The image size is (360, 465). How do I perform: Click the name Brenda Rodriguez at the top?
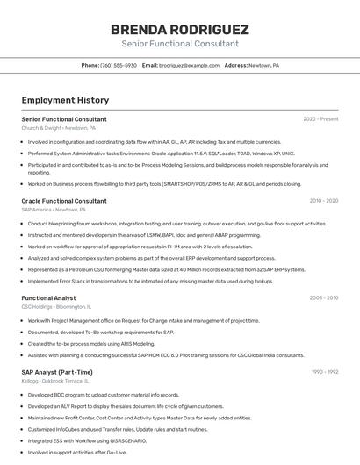180,29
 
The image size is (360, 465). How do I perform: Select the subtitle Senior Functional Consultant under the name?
180,43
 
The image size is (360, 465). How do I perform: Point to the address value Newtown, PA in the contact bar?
263,66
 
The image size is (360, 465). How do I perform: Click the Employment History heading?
65,100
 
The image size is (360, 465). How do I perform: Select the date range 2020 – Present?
320,119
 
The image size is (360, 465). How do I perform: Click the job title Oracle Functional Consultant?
64,201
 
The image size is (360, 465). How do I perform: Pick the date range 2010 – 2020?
324,201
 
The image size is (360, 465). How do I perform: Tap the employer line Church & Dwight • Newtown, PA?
59,128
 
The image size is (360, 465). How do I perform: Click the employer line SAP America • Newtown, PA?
54,210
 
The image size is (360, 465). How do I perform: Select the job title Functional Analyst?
48,298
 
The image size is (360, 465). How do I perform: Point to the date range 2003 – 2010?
324,298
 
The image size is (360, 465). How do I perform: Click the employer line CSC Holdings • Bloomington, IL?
56,307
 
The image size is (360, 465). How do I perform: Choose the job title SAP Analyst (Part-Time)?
57,372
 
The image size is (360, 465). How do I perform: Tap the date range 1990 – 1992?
325,372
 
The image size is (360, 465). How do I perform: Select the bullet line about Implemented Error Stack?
151,281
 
